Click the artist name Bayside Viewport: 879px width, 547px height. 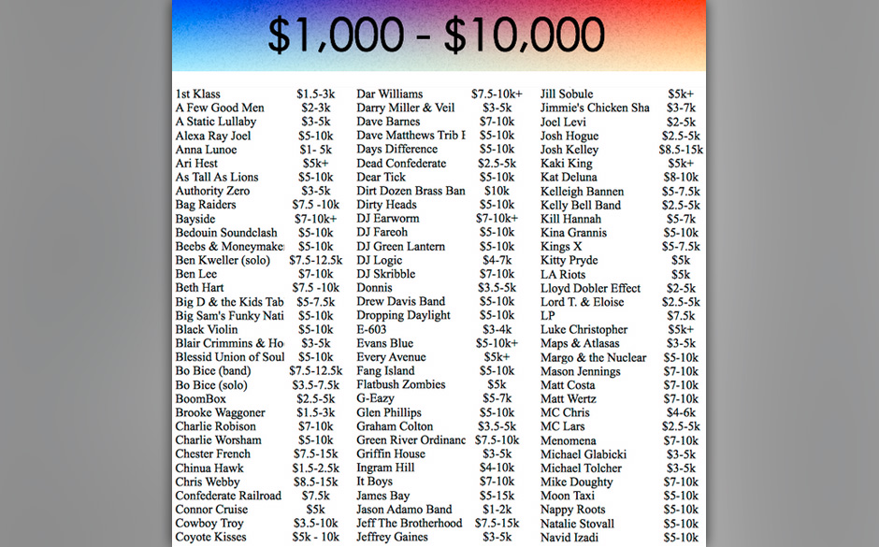pos(195,219)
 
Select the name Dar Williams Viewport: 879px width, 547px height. pos(390,94)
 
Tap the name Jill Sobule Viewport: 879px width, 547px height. pos(567,94)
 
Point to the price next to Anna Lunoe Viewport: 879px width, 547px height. pos(316,150)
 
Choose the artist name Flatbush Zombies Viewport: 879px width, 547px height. pos(401,384)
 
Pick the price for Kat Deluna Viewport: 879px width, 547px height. pos(681,177)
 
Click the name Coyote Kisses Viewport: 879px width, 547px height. pos(211,537)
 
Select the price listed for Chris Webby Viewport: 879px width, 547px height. pos(315,482)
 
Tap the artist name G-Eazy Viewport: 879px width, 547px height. pos(376,398)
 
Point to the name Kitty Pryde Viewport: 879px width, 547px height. pos(569,260)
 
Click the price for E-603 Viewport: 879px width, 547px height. pos(497,329)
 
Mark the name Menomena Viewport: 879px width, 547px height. pos(569,440)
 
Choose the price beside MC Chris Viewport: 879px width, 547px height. pos(681,412)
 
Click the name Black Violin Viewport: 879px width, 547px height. pos(207,329)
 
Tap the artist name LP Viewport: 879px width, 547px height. pos(548,315)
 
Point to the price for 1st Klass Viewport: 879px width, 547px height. pos(315,94)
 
